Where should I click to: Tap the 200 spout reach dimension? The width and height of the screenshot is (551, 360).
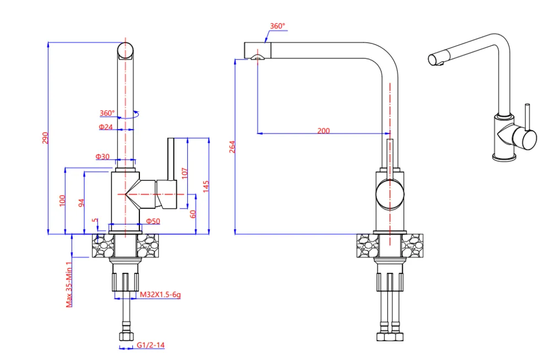click(323, 131)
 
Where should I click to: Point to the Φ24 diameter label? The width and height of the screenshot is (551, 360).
click(106, 127)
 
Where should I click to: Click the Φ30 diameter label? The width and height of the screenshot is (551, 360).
click(103, 157)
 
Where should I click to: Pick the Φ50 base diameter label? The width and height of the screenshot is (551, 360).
click(153, 221)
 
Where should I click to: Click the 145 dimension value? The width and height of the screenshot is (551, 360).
click(206, 186)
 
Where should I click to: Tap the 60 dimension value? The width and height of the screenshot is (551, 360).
click(193, 214)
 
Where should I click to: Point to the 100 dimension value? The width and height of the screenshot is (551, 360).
click(63, 201)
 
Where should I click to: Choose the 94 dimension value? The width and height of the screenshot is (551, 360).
click(82, 202)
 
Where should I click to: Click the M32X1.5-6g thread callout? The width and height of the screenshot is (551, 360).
click(160, 295)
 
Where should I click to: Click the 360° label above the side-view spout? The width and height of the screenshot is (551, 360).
click(278, 26)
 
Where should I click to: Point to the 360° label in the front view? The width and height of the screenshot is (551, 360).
click(107, 114)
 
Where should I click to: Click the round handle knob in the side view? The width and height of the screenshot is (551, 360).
click(390, 195)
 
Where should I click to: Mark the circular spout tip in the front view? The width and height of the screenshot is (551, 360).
click(126, 50)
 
